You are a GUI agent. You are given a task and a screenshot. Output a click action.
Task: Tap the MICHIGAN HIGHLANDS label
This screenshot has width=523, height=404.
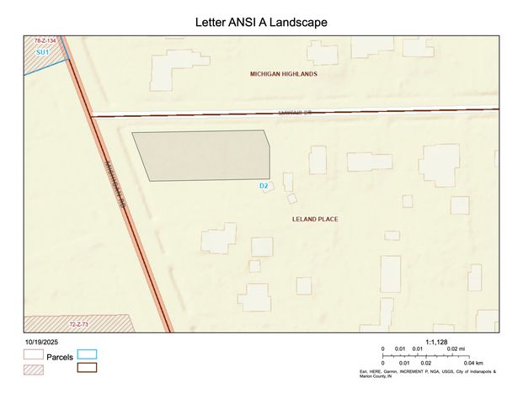(284, 74)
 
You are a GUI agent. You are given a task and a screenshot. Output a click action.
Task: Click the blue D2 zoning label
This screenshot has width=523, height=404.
(264, 185)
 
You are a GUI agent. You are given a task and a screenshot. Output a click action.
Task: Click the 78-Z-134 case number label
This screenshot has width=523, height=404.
(45, 40)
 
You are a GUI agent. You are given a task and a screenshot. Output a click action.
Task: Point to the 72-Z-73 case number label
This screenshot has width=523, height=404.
(79, 323)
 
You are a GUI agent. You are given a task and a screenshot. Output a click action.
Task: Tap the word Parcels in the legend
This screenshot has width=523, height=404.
(60, 358)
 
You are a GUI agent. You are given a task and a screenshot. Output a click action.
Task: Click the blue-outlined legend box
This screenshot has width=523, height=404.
(87, 355)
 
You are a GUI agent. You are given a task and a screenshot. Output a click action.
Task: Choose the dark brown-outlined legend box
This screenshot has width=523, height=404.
(87, 367)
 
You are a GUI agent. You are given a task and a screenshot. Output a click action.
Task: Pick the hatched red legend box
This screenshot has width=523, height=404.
(34, 367)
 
